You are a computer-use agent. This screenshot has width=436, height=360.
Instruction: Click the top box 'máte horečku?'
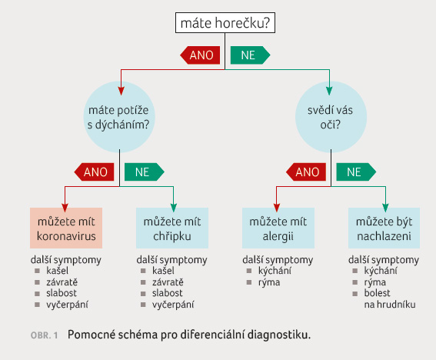click(x=225, y=22)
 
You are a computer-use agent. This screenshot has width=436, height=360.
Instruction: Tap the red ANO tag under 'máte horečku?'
click(x=200, y=55)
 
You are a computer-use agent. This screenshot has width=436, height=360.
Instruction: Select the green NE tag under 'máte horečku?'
click(x=250, y=55)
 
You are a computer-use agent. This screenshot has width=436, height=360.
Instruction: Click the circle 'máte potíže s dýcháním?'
click(x=119, y=117)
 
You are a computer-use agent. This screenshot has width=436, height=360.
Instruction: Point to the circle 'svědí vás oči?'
click(x=331, y=117)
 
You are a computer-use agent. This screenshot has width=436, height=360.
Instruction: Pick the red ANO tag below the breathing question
click(x=95, y=172)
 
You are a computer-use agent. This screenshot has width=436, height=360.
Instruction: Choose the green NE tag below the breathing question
click(x=145, y=172)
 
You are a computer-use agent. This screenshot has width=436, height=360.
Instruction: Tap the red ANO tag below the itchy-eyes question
click(x=306, y=172)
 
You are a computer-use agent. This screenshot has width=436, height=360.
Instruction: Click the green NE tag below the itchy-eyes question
click(x=356, y=172)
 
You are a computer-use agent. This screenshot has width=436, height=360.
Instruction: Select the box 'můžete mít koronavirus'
click(x=66, y=228)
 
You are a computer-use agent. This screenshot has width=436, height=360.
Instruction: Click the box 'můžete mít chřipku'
click(x=172, y=228)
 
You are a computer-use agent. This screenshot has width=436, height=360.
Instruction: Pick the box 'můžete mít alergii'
click(x=278, y=228)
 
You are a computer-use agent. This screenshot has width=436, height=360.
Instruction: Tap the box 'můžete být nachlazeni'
click(x=384, y=228)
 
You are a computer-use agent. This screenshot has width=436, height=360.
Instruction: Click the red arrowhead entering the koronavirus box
click(x=65, y=208)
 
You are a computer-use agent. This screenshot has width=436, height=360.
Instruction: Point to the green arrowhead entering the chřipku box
click(x=174, y=208)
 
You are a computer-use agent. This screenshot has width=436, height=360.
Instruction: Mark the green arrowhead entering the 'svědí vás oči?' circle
click(x=330, y=91)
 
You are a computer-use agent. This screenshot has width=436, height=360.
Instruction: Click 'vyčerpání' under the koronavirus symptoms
click(x=68, y=305)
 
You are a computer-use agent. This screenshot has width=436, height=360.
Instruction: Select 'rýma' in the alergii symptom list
click(x=269, y=282)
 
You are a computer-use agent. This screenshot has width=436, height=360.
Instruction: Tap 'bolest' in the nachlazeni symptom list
click(x=377, y=293)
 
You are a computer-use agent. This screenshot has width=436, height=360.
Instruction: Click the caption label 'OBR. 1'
click(x=44, y=335)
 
